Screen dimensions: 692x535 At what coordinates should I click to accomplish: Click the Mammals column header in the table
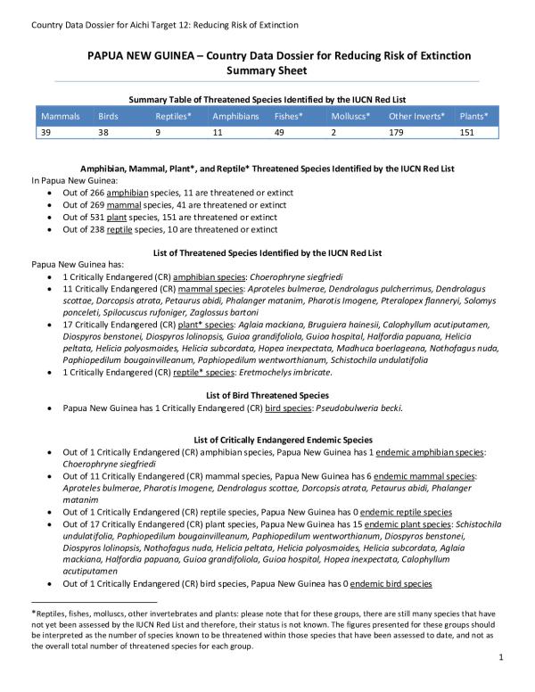coord(61,117)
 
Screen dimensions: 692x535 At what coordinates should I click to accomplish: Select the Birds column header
coord(108,117)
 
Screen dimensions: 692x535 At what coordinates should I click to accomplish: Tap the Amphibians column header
coord(235,117)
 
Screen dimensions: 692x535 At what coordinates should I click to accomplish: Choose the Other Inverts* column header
coord(416,117)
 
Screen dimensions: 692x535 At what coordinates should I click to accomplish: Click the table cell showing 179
coord(398,132)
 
